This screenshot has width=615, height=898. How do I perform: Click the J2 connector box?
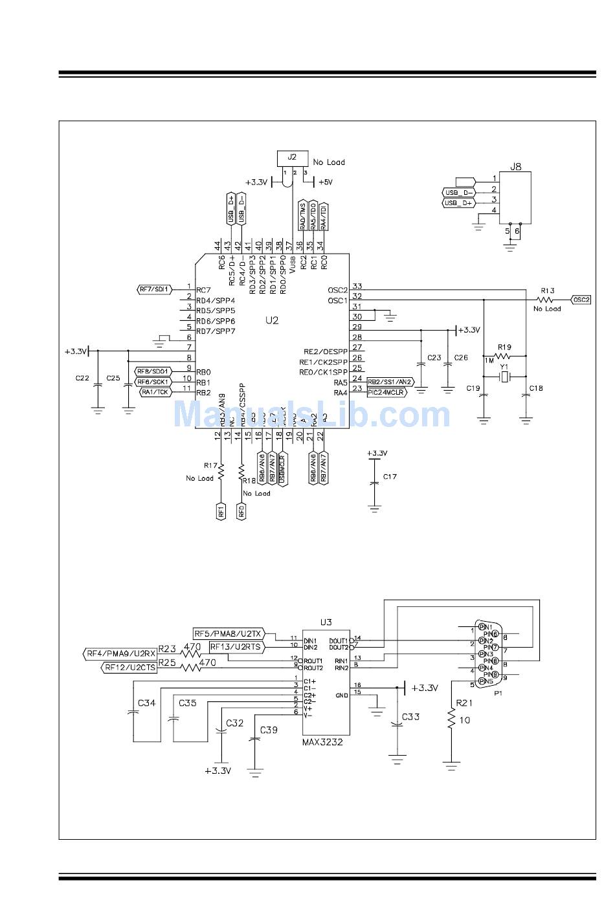[x=293, y=158]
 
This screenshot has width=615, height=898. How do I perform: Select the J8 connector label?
[x=515, y=166]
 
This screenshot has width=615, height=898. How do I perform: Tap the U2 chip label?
[x=272, y=320]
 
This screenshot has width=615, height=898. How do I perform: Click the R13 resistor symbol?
[x=546, y=300]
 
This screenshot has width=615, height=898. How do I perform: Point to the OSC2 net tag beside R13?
[x=581, y=300]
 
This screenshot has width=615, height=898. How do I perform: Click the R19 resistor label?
[x=504, y=347]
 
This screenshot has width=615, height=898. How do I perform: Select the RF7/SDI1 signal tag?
[x=155, y=289]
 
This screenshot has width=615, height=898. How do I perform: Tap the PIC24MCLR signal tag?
[x=386, y=392]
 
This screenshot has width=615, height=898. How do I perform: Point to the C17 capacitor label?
[x=390, y=477]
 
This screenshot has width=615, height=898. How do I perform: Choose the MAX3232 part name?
[x=322, y=742]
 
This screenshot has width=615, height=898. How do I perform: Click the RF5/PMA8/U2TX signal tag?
[x=229, y=633]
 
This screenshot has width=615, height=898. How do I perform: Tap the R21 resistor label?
[x=464, y=703]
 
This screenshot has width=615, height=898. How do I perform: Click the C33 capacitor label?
[x=411, y=717]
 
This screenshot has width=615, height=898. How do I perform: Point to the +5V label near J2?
[x=325, y=182]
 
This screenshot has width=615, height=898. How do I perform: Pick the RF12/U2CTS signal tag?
[x=130, y=668]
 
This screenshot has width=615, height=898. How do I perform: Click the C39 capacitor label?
[x=269, y=730]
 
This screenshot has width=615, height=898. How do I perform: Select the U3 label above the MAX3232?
[x=326, y=622]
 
